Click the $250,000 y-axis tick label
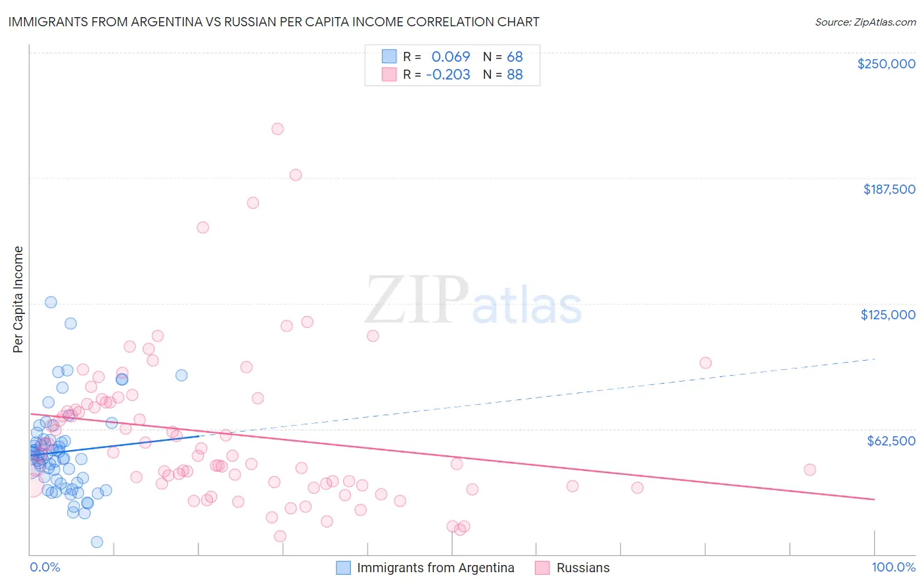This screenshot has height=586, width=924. [x=886, y=64]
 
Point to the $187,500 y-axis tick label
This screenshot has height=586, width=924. [x=889, y=189]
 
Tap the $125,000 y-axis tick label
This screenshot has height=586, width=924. [x=888, y=315]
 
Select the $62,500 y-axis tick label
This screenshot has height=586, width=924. [x=890, y=440]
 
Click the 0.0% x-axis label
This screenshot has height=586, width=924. [x=45, y=567]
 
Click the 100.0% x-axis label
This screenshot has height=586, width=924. [x=893, y=567]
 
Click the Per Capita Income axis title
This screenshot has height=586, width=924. [x=18, y=299]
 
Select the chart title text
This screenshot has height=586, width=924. [x=273, y=22]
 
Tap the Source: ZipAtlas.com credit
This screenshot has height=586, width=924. [x=865, y=22]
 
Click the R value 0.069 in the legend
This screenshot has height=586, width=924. [x=450, y=57]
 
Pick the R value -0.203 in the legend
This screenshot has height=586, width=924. [x=448, y=75]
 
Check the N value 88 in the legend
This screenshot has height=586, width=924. [x=515, y=75]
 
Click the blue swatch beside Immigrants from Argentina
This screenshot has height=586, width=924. [x=343, y=568]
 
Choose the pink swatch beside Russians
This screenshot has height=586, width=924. [x=542, y=568]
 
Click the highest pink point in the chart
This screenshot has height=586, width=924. [x=277, y=129]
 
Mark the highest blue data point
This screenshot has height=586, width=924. [x=51, y=302]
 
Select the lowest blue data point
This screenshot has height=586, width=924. [x=97, y=542]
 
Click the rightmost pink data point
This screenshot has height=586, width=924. [x=810, y=470]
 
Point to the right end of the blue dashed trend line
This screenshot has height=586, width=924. [x=875, y=359]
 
